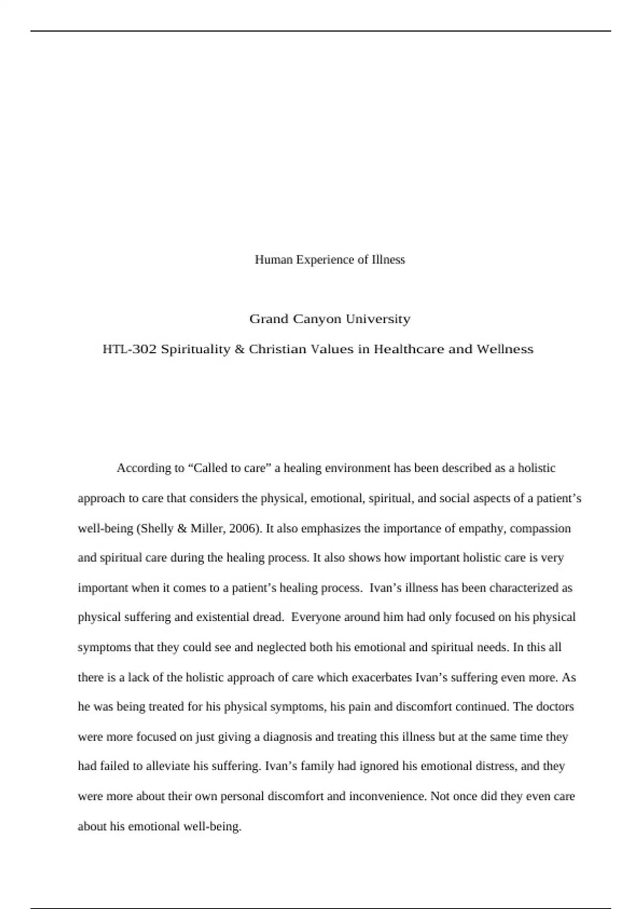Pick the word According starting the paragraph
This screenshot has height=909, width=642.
tap(143, 468)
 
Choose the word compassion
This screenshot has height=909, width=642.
tap(540, 529)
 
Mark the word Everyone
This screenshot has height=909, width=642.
tap(316, 617)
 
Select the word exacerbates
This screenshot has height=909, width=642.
tap(383, 677)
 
